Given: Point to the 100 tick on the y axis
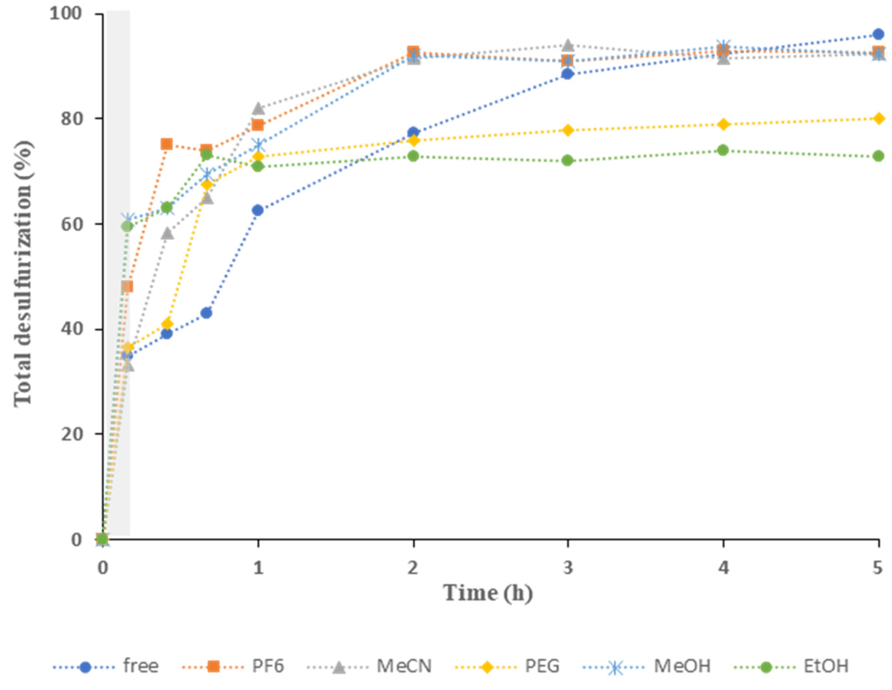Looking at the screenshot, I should (65, 14).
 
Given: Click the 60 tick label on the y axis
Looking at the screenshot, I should (71, 224).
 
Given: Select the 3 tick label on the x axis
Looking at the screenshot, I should (568, 568).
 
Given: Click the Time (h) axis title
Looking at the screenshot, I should (488, 593).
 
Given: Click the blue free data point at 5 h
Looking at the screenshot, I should (879, 34).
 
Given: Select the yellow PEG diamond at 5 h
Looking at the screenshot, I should (879, 118).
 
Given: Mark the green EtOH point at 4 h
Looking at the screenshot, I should (723, 150).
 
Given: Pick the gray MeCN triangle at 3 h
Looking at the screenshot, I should (568, 44).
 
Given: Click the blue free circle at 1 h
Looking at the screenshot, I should (258, 210).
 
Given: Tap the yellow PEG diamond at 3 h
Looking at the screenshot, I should (568, 130).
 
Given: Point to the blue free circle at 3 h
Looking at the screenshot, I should (568, 74).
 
